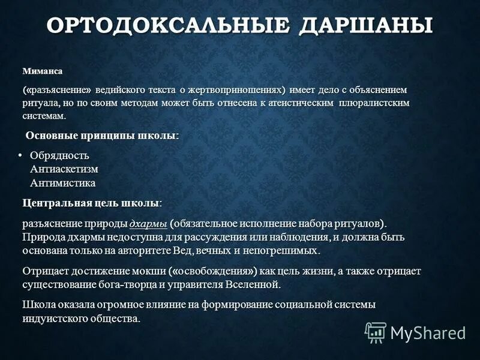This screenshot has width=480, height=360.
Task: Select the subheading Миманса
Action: coord(42,71)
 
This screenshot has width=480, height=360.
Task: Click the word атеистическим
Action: coord(295,103)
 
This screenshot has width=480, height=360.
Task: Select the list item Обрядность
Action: coord(59,156)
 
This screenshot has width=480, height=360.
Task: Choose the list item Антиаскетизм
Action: coord(64,169)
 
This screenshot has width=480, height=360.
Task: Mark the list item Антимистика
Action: coord(62,182)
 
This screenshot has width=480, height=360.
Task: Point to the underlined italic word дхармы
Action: coord(148,224)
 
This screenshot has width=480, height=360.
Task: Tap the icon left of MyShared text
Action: coord(376,332)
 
